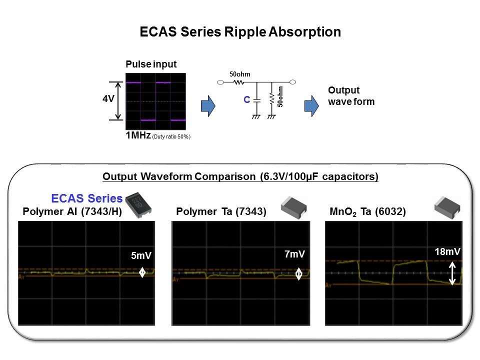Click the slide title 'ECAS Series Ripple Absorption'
240,32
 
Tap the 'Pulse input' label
151,64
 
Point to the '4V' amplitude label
108,98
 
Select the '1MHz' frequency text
138,135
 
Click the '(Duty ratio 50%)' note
171,136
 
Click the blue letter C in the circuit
246,99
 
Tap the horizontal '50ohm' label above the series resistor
240,74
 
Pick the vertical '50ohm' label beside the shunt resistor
280,96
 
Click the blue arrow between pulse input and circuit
208,106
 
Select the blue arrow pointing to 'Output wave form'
311,106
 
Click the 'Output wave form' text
351,96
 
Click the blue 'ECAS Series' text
86,198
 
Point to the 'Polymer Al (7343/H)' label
72,211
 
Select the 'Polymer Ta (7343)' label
221,211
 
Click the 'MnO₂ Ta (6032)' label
367,212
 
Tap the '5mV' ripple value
141,255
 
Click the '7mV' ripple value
294,254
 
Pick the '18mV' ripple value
447,251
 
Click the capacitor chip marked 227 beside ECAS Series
138,204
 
